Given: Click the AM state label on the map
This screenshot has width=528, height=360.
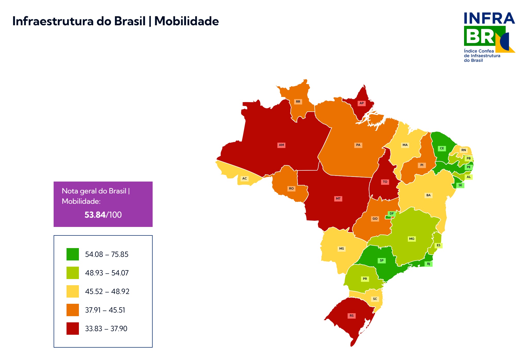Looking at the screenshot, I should [281, 145].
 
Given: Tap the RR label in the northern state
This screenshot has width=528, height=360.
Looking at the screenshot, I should [298, 102].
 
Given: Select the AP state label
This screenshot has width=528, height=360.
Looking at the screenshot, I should [361, 103].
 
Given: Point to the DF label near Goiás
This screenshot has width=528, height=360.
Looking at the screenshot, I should [392, 214].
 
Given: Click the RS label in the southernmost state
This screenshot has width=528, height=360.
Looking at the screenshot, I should [352, 316].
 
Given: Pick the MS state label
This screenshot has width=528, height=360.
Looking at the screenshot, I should [342, 249].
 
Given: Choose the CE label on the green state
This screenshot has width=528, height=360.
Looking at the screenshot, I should [442, 148].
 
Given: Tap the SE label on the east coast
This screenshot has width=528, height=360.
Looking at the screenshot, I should [460, 185].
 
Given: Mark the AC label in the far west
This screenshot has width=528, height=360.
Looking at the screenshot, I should [244, 178].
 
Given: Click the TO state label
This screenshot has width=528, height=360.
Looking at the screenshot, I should [385, 182].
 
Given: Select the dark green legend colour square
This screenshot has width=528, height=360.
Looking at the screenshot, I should [73, 254].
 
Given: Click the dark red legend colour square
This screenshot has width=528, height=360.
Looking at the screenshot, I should [73, 329].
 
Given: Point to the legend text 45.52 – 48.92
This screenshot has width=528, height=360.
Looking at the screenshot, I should [107, 291].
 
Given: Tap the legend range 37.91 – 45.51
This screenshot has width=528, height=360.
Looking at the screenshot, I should [105, 310].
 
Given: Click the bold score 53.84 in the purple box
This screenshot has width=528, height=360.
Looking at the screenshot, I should [95, 215].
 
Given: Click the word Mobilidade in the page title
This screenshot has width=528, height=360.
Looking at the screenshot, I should [186, 21].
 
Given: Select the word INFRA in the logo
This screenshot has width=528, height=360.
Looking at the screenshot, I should [489, 18].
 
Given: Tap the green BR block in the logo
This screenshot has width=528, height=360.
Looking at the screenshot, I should [480, 36].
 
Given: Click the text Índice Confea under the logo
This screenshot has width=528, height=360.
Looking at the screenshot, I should [479, 51].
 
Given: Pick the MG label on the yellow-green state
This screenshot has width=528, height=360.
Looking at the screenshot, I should [412, 239].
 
